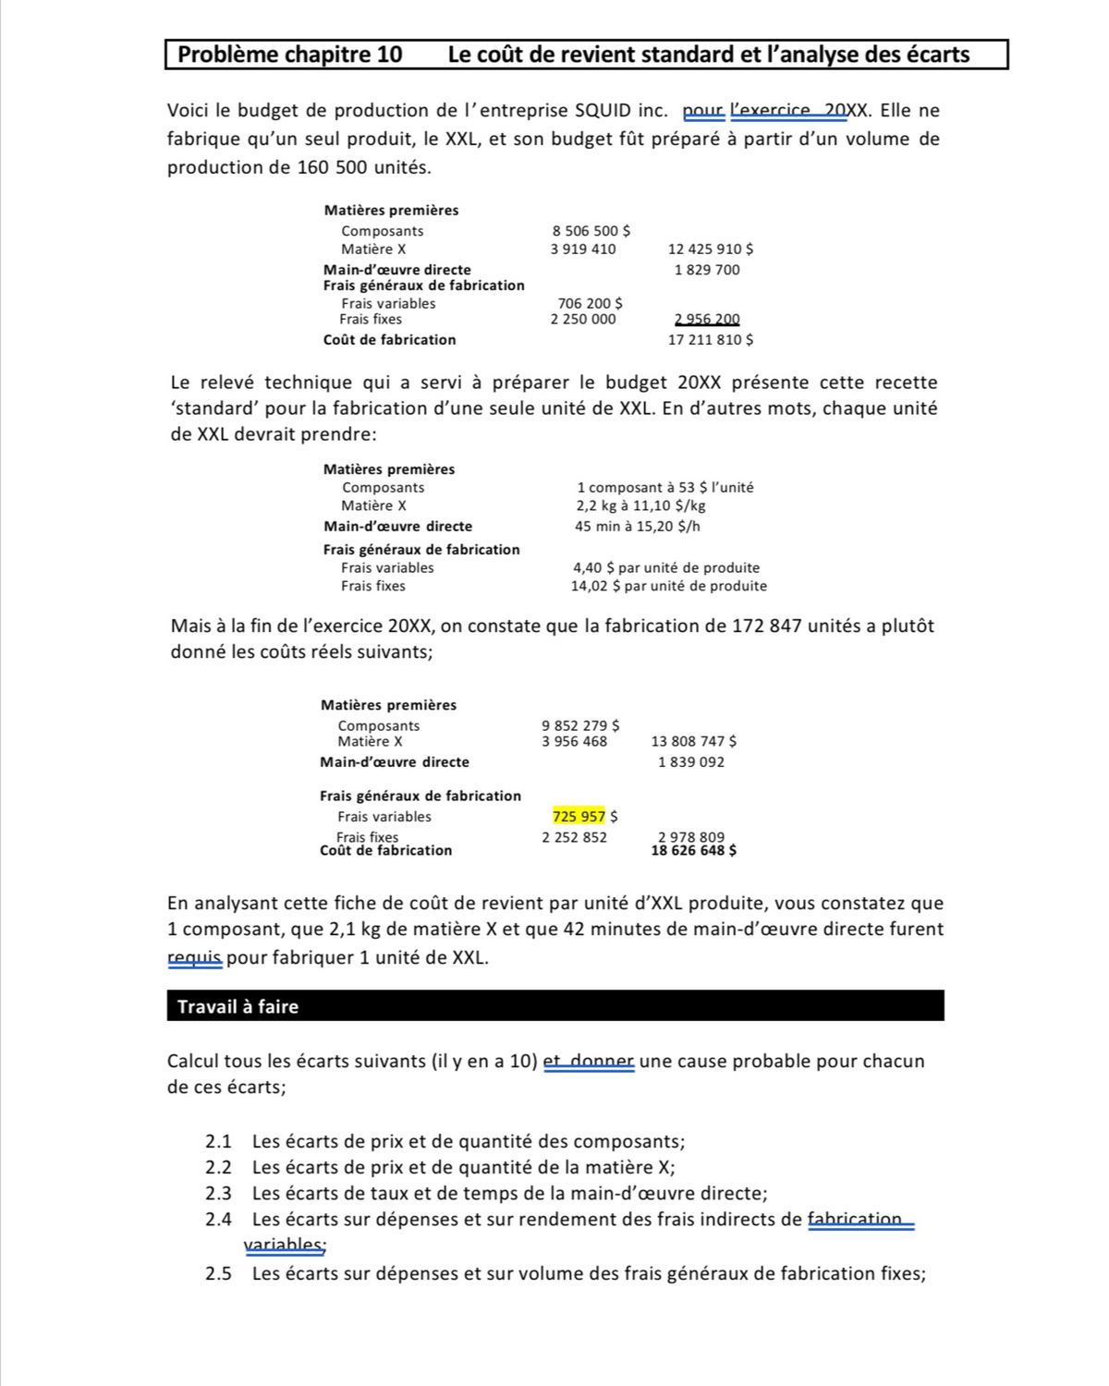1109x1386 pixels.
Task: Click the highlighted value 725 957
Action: tap(579, 816)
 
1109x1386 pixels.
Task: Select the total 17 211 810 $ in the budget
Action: tap(710, 340)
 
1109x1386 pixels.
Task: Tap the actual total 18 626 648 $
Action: tap(693, 850)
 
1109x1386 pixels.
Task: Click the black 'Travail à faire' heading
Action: tap(238, 1006)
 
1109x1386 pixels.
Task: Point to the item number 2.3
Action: tap(218, 1193)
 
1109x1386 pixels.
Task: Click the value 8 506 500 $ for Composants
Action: tap(591, 231)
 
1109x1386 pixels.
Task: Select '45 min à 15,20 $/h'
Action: tap(637, 527)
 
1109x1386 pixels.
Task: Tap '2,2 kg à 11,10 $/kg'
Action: tap(640, 505)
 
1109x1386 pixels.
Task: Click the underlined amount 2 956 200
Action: tap(707, 320)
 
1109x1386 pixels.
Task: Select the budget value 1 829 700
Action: tap(707, 270)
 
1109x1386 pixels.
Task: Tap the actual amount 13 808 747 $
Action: tap(693, 741)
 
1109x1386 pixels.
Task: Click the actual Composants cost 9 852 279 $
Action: tap(580, 726)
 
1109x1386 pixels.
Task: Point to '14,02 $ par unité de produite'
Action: tap(668, 586)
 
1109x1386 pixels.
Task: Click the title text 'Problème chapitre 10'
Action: tap(289, 55)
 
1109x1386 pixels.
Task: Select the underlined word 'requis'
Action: tap(194, 957)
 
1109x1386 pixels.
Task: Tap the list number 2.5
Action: tap(218, 1273)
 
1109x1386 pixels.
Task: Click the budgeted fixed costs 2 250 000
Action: tap(583, 320)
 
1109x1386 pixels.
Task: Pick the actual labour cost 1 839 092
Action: tap(691, 762)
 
